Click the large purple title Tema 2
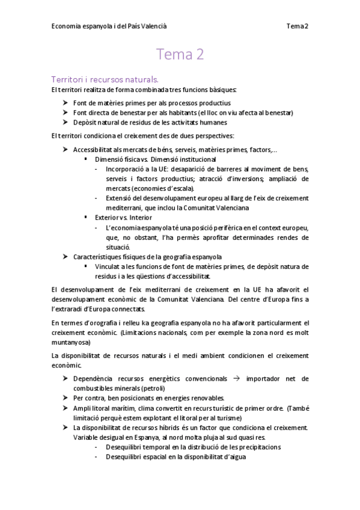[180, 55]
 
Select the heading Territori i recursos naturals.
[105, 79]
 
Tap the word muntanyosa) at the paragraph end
[72, 342]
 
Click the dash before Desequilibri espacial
[97, 456]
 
